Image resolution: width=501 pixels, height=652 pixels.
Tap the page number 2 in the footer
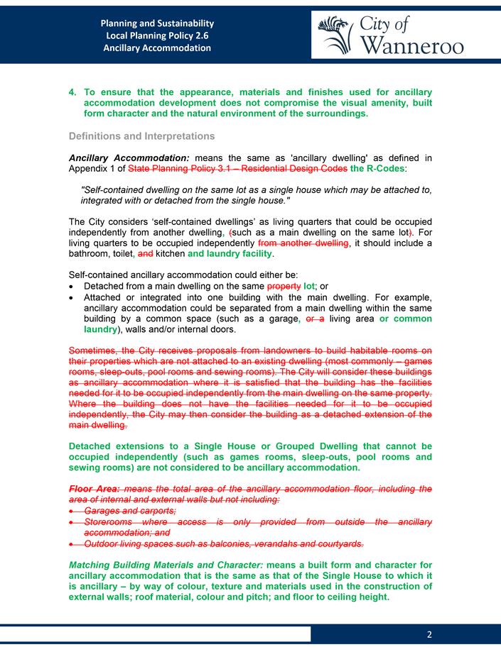coord(430,634)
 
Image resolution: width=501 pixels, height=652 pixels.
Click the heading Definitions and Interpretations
coord(141,136)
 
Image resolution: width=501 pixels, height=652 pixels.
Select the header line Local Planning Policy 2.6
coord(157,35)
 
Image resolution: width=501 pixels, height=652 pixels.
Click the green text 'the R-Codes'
coord(378,169)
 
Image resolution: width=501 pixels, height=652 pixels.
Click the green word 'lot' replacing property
coord(309,286)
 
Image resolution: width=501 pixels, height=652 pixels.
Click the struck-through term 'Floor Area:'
coord(94,489)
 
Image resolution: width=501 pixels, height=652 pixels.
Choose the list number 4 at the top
coord(72,93)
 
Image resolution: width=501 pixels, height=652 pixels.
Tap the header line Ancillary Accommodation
coord(157,48)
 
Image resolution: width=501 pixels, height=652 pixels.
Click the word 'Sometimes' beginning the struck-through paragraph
coord(92,350)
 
